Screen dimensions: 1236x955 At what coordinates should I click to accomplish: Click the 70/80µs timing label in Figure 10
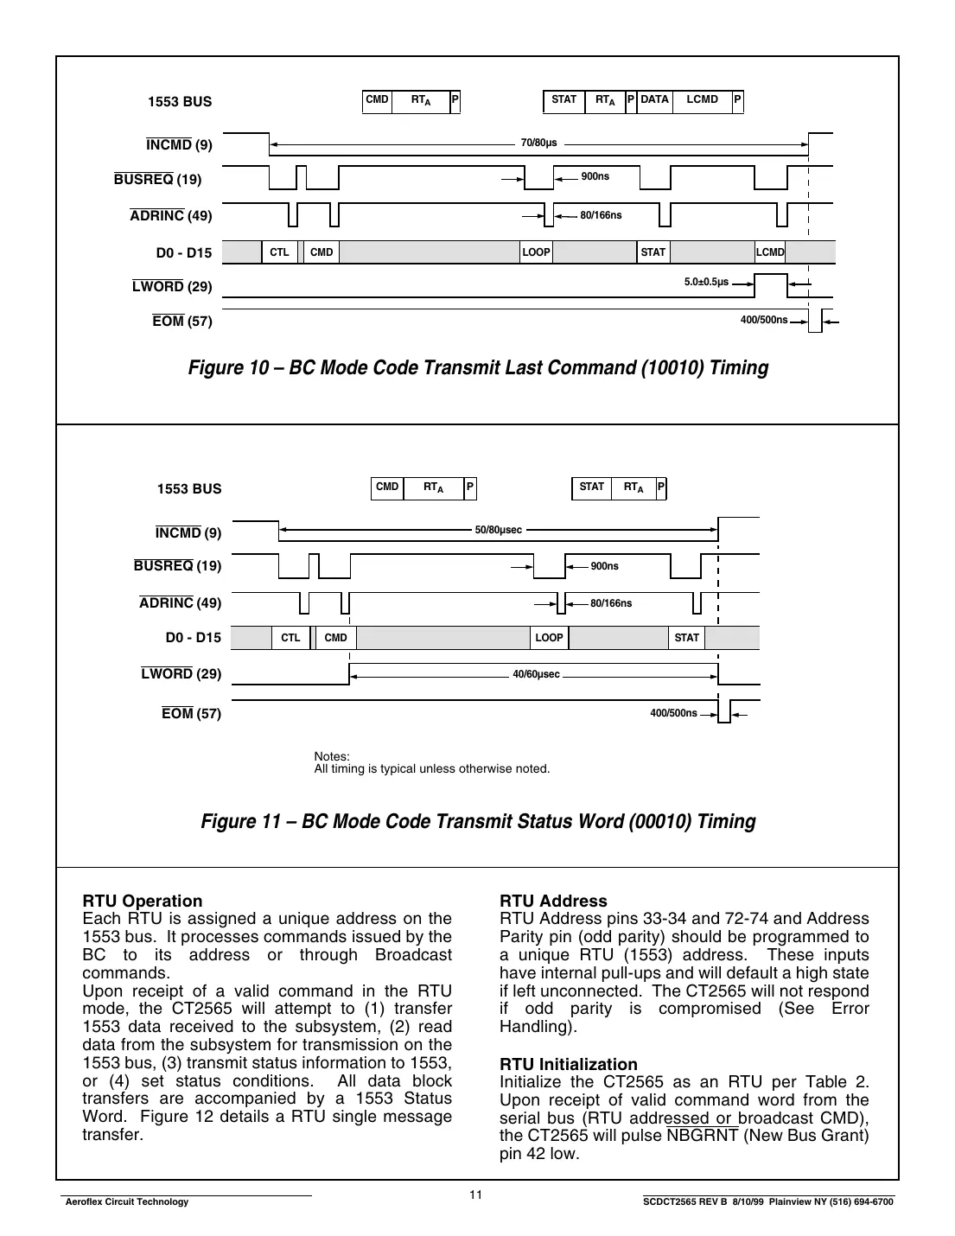[x=538, y=143]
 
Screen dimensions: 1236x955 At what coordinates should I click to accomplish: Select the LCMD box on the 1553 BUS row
[x=702, y=100]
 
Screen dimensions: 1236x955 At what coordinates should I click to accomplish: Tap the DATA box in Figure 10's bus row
[x=654, y=100]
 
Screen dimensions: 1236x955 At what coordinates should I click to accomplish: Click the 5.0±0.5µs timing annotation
[x=706, y=283]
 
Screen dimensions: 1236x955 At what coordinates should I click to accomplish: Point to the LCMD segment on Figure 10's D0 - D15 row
[x=770, y=252]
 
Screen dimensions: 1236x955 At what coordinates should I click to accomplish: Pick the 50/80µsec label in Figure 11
[x=499, y=530]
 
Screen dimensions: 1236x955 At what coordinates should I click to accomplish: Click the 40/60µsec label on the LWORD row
[x=536, y=674]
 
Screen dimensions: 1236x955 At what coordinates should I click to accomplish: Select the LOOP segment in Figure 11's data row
[x=549, y=638]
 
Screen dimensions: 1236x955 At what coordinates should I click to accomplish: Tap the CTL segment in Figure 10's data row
[x=279, y=252]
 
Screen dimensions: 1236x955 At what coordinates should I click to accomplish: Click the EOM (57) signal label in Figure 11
[x=191, y=714]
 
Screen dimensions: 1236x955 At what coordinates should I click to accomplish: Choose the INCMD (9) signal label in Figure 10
[x=179, y=145]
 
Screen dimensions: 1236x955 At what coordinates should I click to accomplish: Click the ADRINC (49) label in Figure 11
[x=180, y=603]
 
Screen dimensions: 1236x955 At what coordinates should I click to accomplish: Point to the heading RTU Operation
[x=142, y=901]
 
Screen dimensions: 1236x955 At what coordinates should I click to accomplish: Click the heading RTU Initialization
[x=568, y=1064]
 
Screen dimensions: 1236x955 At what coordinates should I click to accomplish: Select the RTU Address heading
[x=553, y=901]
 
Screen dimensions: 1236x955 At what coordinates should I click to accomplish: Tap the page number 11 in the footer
[x=475, y=1195]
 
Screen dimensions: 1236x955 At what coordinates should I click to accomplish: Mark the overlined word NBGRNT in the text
[x=703, y=1136]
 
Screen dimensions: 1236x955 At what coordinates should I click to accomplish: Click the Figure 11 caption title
[x=478, y=821]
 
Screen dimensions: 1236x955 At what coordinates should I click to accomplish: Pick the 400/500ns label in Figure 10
[x=763, y=321]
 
